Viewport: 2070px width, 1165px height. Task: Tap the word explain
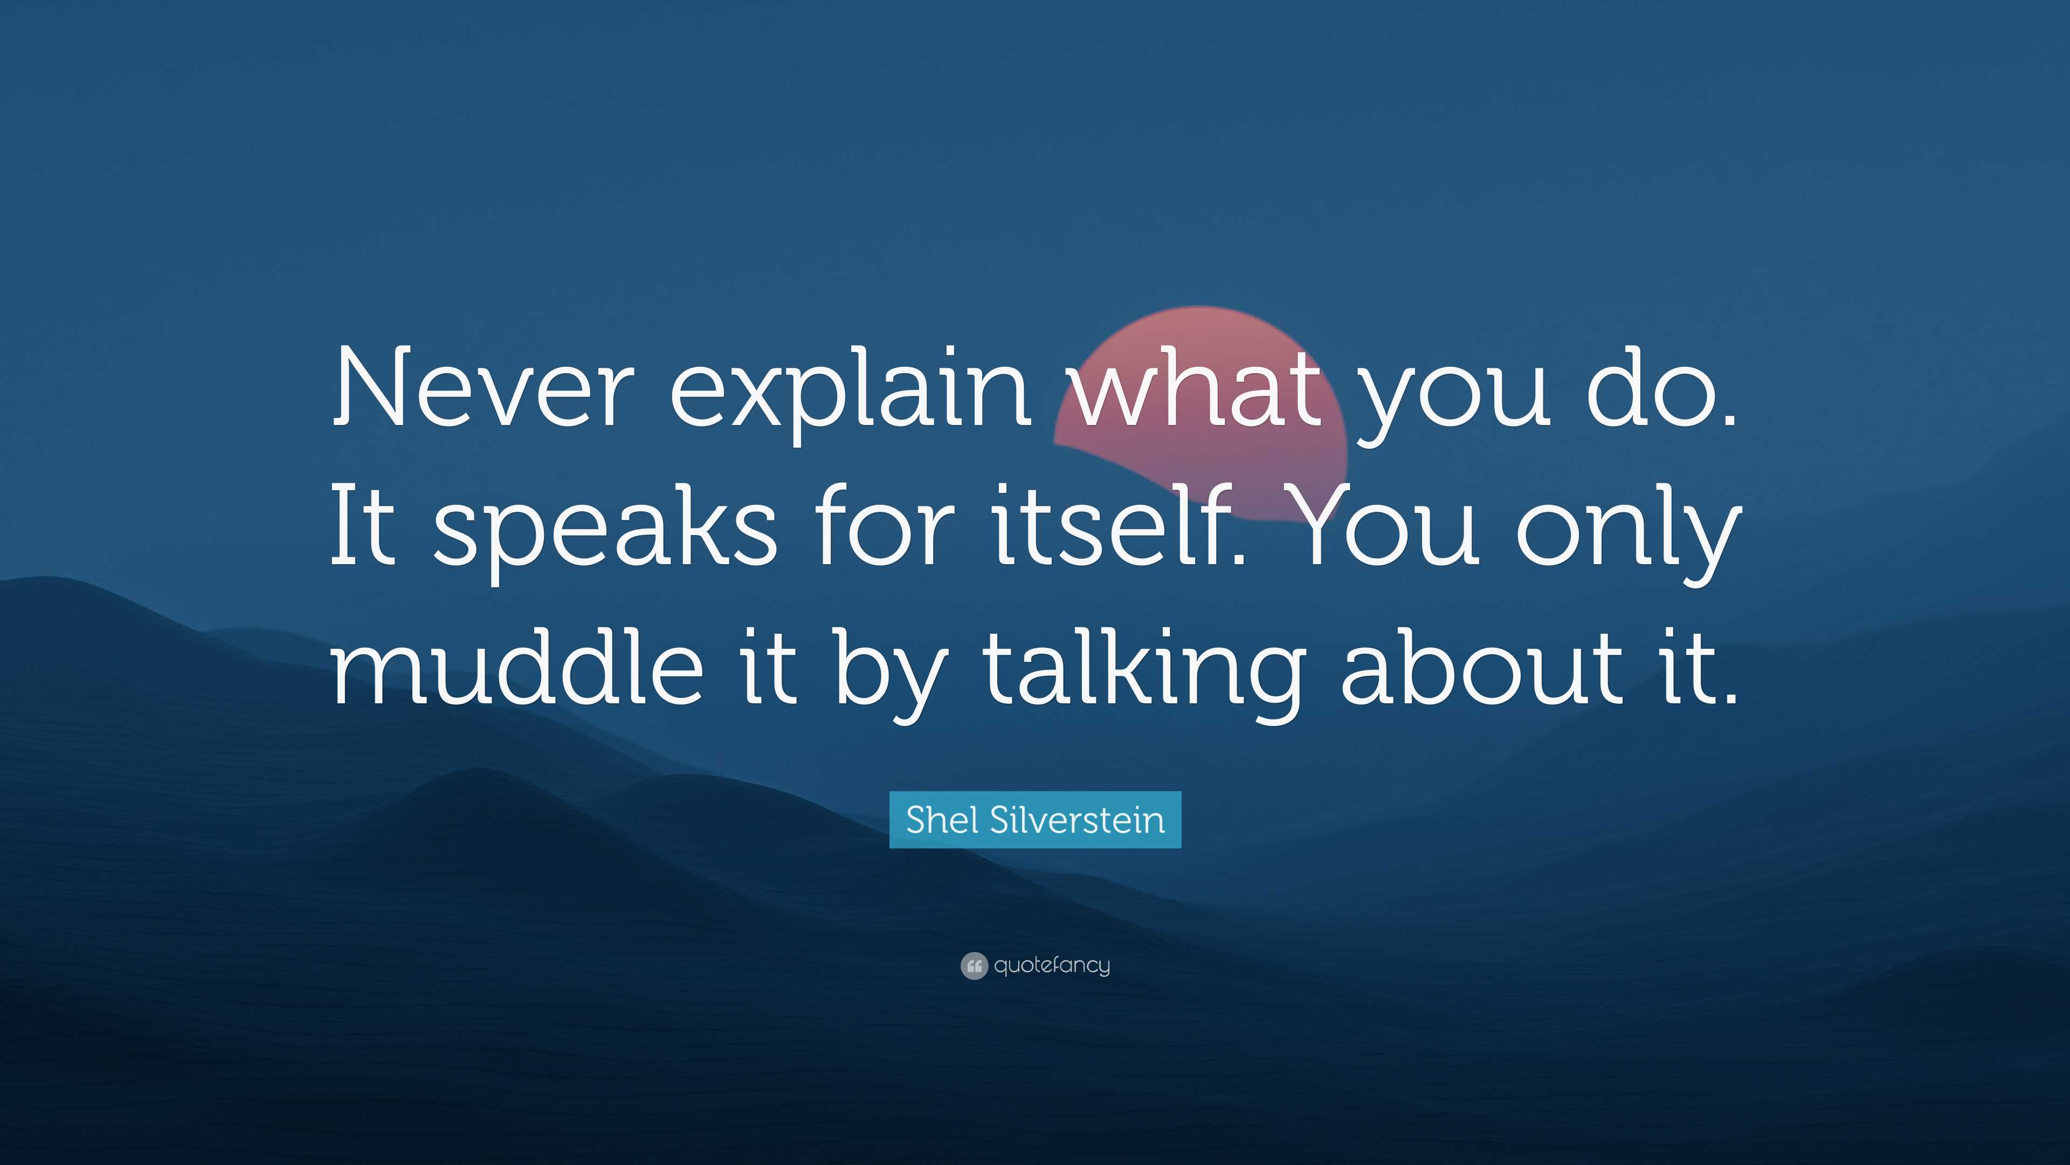point(850,394)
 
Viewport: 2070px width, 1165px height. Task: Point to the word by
point(888,672)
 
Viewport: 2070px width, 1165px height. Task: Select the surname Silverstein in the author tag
point(1077,820)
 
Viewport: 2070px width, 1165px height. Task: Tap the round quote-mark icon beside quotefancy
point(974,965)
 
